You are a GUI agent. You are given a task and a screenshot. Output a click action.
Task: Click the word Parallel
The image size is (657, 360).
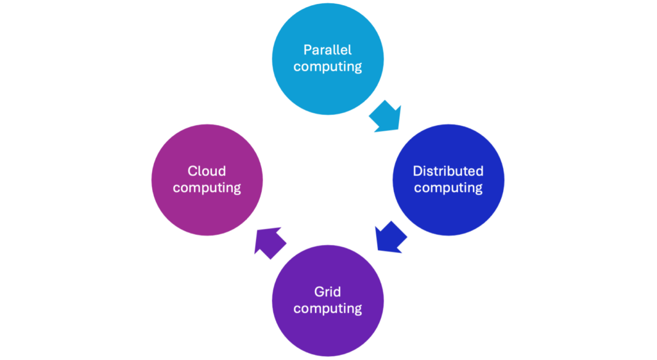pyautogui.click(x=328, y=50)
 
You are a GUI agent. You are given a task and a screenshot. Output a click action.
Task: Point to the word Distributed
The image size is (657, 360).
pyautogui.click(x=448, y=171)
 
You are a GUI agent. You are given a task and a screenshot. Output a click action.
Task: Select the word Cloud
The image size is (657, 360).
pyautogui.click(x=207, y=171)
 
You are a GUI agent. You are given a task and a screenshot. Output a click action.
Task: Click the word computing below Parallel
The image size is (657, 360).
pyautogui.click(x=328, y=67)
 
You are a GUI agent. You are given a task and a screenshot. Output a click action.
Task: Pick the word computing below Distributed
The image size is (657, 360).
pyautogui.click(x=448, y=188)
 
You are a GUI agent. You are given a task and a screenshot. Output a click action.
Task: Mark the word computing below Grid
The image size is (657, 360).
pyautogui.click(x=328, y=309)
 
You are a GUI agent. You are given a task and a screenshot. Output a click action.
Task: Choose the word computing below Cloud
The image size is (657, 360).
pyautogui.click(x=207, y=188)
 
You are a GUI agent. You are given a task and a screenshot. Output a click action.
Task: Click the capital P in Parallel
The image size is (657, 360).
pyautogui.click(x=307, y=50)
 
